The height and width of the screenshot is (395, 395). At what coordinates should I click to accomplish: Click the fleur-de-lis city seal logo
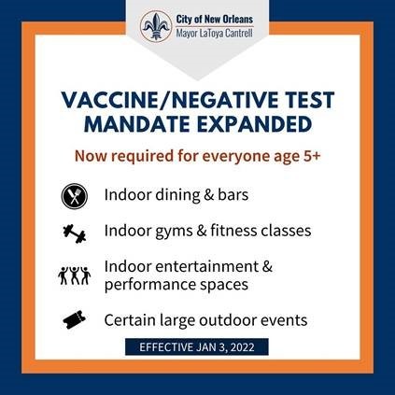pos(156,26)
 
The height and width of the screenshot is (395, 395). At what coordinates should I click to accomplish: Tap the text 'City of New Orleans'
pos(213,20)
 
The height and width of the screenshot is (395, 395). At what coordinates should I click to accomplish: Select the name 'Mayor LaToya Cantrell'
pos(213,34)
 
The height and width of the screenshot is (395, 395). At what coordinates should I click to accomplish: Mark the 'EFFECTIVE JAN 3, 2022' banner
pos(198,347)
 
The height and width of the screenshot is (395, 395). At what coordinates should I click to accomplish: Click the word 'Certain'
pos(132,320)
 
